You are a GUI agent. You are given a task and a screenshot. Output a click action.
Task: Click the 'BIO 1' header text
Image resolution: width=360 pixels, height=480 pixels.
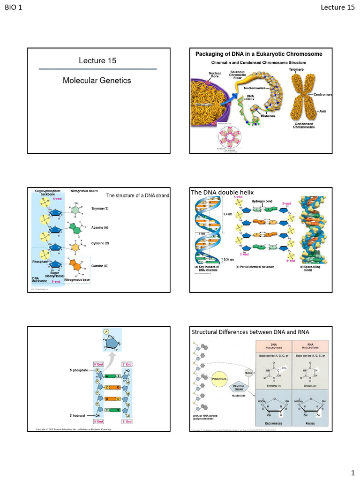[14, 7]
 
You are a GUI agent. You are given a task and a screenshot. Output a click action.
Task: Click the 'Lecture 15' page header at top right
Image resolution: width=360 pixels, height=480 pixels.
[337, 7]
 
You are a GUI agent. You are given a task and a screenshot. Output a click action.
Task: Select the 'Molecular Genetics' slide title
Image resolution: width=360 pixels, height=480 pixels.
[97, 81]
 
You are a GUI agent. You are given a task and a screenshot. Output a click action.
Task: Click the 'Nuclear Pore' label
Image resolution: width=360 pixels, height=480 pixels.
[215, 75]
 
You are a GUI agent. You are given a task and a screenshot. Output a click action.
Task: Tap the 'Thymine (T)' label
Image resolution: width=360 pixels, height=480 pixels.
[100, 208]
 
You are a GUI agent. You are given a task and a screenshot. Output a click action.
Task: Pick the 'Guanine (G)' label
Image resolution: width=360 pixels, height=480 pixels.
[100, 266]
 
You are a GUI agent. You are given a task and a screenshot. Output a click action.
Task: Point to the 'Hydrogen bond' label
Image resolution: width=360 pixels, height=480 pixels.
[262, 201]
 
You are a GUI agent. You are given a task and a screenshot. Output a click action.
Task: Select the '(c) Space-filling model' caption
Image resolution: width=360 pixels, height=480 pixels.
[308, 269]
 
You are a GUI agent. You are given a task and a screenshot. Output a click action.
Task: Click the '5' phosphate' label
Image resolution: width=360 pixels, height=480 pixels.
[80, 371]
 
